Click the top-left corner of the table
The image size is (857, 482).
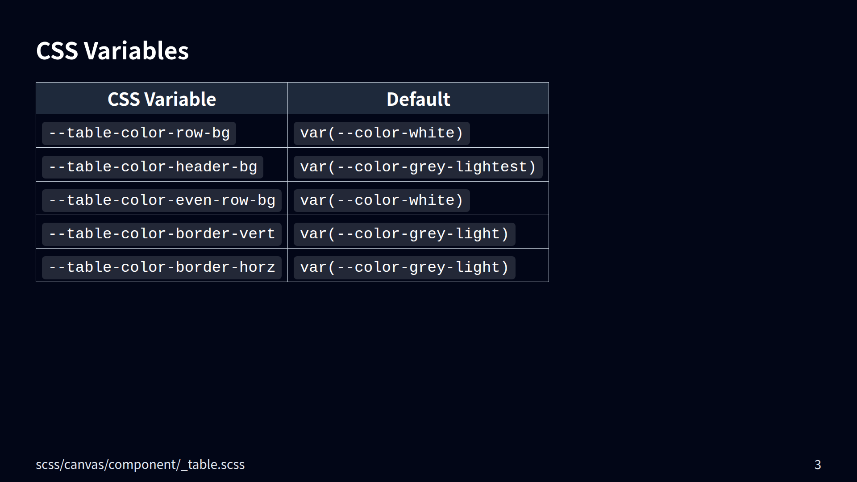pos(36,83)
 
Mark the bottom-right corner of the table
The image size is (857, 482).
pos(549,282)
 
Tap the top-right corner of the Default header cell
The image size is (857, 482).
pos(549,83)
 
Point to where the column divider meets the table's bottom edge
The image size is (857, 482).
pos(287,282)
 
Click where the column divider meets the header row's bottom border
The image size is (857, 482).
pos(287,114)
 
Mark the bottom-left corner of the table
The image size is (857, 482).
pos(36,282)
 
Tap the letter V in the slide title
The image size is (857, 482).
pos(92,51)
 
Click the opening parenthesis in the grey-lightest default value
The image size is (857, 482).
pos(331,167)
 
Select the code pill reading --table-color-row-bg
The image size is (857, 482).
pos(139,133)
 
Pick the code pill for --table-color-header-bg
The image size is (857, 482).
pos(153,167)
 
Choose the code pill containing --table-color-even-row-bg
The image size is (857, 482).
pos(162,201)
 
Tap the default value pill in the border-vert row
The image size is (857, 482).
pos(404,234)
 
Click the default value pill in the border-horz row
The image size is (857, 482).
pos(404,268)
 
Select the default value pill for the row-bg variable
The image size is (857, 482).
pos(382,133)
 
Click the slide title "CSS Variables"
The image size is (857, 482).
pos(112,51)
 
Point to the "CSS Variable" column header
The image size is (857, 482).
pos(162,99)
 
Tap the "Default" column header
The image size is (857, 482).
pos(418,99)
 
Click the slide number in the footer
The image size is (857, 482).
pos(818,465)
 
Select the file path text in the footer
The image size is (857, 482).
pos(140,465)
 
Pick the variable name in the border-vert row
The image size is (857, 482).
pos(162,234)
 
